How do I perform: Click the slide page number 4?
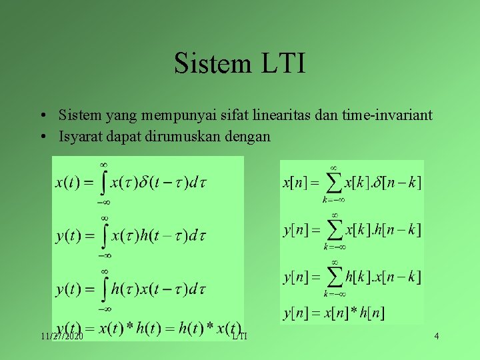point(436,336)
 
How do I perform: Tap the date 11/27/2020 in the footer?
point(61,337)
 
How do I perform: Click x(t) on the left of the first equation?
point(69,182)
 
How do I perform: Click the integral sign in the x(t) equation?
point(103,182)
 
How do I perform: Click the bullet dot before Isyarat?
point(42,137)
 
